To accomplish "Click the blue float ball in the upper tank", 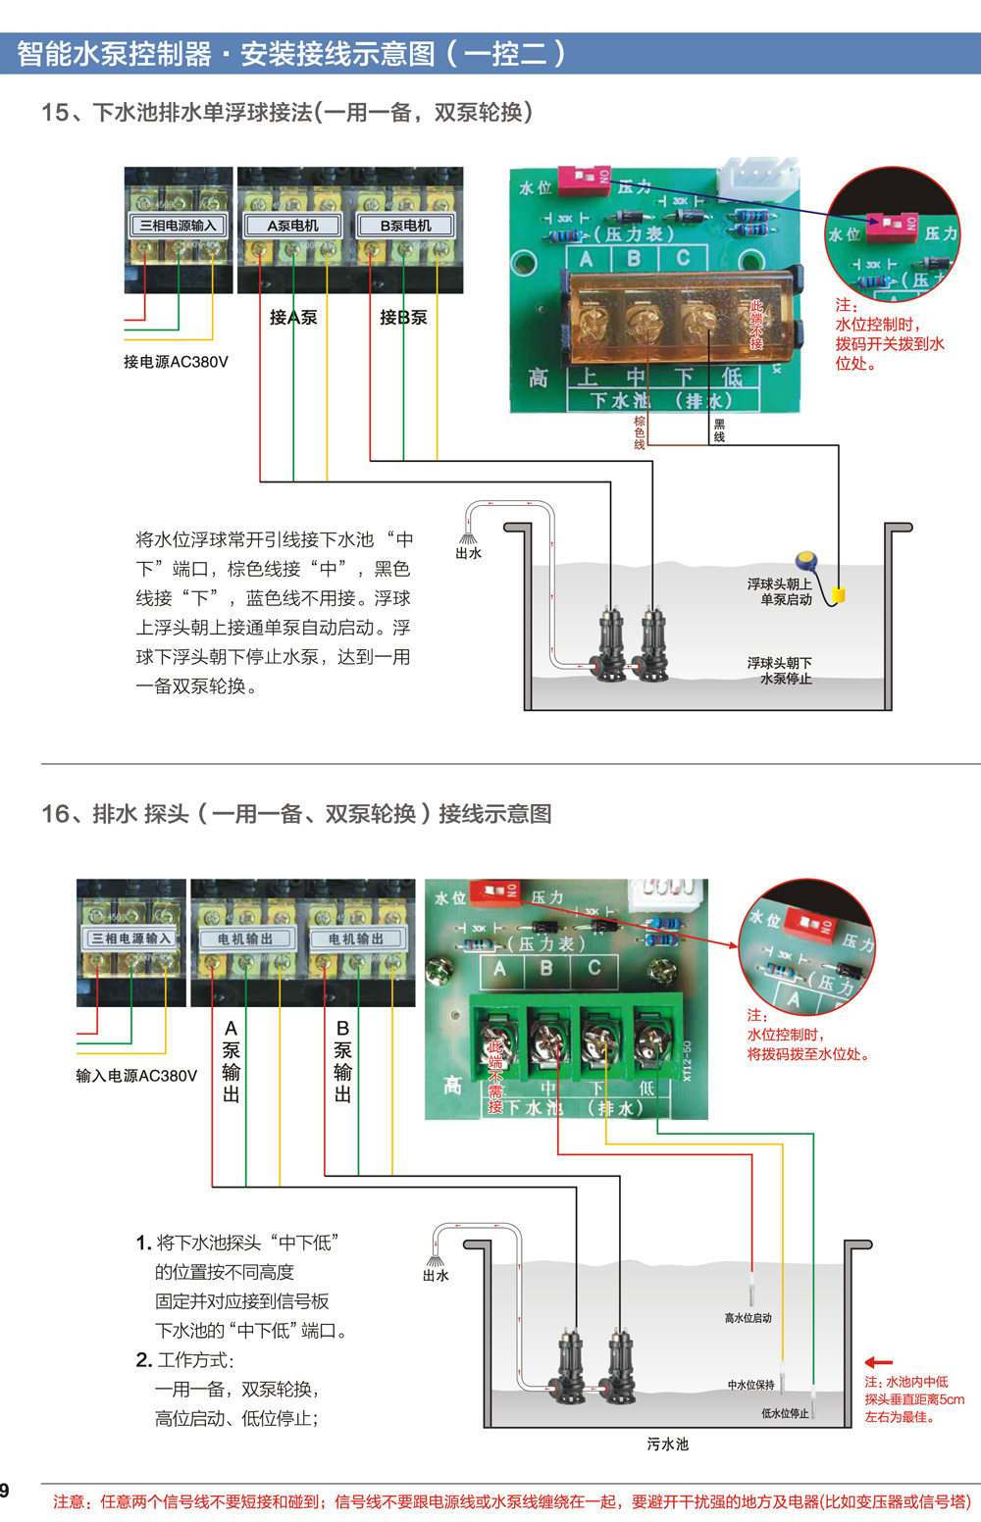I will click(806, 561).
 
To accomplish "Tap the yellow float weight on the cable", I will click(838, 594).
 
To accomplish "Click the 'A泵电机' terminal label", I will click(292, 226).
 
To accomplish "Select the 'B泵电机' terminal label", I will click(405, 226).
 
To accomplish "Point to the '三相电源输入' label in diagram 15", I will click(178, 226).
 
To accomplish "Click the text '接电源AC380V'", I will click(176, 362).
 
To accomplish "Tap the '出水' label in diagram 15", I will click(468, 553).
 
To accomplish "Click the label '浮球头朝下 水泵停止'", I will click(780, 671).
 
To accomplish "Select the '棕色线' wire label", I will click(640, 432).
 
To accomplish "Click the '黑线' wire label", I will click(719, 431).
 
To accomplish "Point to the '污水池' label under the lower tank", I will click(667, 1445).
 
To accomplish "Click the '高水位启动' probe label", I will click(748, 1318).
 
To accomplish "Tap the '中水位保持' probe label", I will click(750, 1385).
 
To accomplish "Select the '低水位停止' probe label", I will click(785, 1413).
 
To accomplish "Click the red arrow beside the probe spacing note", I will click(878, 1362).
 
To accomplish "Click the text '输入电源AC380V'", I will click(136, 1076).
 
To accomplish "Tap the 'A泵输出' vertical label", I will click(231, 1061).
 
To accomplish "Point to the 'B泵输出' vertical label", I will click(342, 1061).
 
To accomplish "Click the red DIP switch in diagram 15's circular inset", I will click(890, 227).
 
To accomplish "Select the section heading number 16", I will click(55, 814).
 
